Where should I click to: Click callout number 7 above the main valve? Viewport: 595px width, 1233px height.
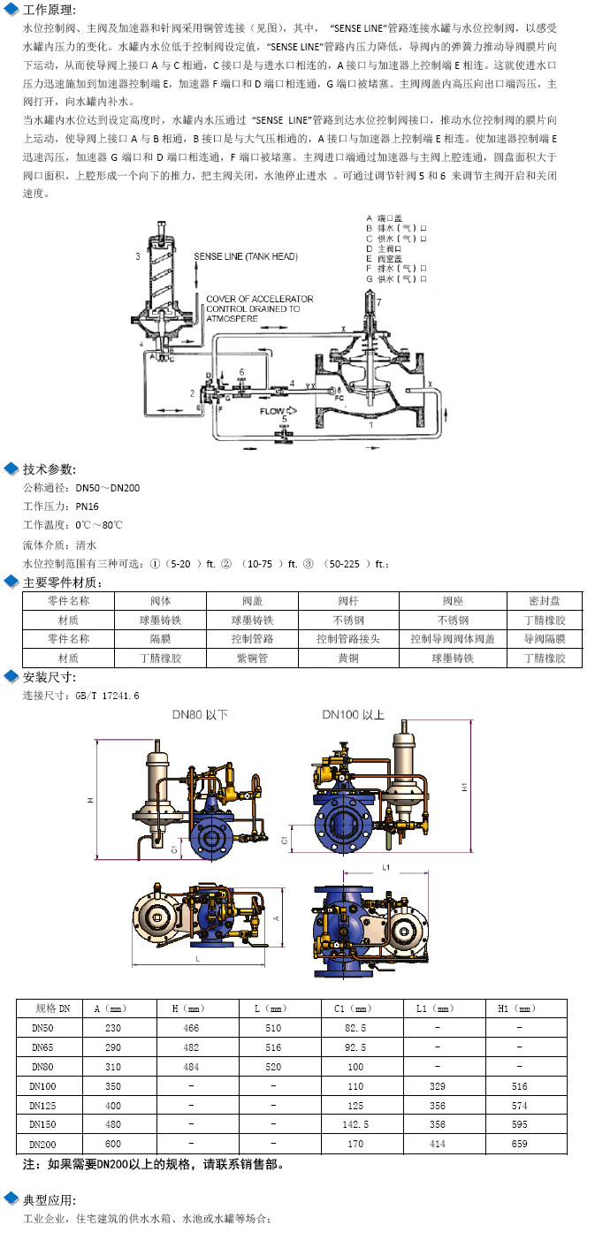tap(380, 303)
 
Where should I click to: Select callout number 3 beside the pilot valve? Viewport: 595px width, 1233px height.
tap(138, 256)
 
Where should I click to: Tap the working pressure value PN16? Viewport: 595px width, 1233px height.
tap(87, 506)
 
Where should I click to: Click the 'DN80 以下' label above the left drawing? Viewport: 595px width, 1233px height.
tap(200, 714)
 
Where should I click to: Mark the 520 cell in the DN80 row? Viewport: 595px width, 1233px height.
tap(273, 1067)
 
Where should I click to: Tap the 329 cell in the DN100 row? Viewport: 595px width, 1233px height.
tap(437, 1086)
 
